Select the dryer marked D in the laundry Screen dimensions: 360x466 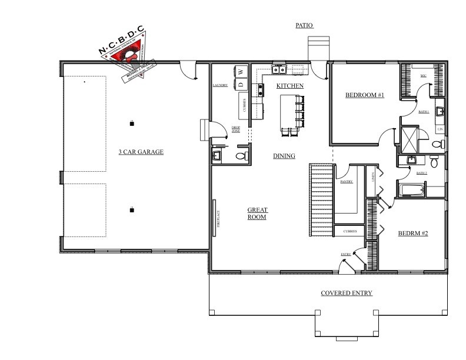[241, 84]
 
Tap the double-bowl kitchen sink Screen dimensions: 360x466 [279, 70]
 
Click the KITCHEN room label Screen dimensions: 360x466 [290, 86]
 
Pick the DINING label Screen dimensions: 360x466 [284, 156]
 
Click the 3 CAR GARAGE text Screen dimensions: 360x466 [141, 152]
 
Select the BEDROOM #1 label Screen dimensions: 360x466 [364, 95]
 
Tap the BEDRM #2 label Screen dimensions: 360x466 [412, 234]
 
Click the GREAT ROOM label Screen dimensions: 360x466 [257, 214]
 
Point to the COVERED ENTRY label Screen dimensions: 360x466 [346, 293]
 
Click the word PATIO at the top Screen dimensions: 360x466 [304, 25]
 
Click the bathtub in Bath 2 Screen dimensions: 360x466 [412, 190]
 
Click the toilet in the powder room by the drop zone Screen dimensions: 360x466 [241, 155]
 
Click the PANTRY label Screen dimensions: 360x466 [346, 182]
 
